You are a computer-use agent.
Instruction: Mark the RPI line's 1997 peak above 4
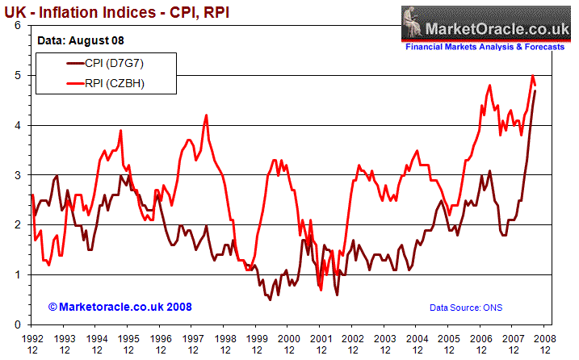click(x=207, y=115)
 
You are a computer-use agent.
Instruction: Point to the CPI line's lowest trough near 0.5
click(x=270, y=299)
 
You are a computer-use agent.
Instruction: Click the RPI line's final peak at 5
click(x=532, y=75)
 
